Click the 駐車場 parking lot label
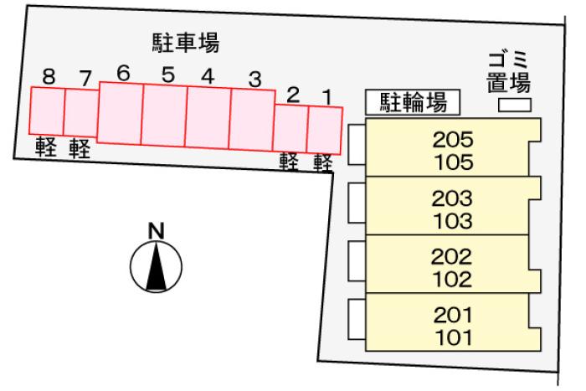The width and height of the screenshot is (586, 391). tap(186, 43)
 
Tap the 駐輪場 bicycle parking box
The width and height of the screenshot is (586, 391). tap(413, 102)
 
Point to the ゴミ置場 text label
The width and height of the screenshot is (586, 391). tap(508, 73)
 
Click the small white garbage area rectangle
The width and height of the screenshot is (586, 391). tap(515, 105)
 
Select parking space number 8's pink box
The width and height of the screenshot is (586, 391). tap(47, 111)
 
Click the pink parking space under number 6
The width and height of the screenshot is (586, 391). tap(120, 113)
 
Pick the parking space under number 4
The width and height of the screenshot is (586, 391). tap(208, 117)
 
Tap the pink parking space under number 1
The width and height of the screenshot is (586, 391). tap(325, 130)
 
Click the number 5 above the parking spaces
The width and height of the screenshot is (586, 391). tap(168, 75)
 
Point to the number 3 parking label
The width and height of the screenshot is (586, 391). tap(254, 80)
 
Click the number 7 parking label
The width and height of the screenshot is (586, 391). tap(85, 78)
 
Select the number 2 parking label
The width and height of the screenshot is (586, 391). tap(293, 95)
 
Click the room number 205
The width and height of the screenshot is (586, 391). tap(453, 140)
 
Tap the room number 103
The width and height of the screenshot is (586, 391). tap(453, 221)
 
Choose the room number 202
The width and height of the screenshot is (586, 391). tap(451, 257)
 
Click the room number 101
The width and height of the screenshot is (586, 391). tap(454, 337)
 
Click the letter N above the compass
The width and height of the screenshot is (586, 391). tap(157, 231)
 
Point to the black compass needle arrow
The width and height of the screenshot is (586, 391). tap(156, 266)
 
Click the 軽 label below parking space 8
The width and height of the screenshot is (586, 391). tap(45, 147)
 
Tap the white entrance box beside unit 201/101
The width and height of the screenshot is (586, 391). tap(357, 319)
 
